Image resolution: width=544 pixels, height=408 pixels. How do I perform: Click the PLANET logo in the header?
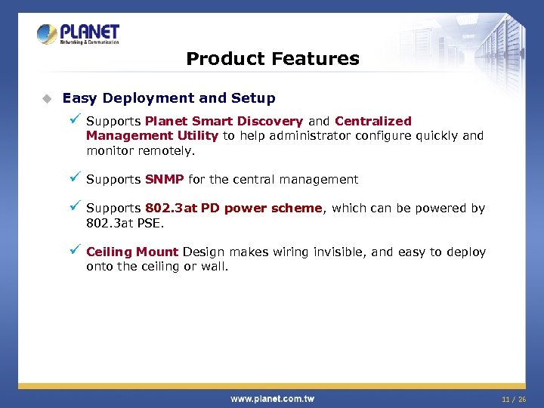click(78, 35)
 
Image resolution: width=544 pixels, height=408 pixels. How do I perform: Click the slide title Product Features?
click(272, 59)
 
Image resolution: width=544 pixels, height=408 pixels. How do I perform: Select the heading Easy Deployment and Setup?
click(168, 98)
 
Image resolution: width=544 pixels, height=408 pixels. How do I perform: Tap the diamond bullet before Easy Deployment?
click(46, 98)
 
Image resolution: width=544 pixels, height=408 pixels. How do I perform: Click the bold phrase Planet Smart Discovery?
click(224, 121)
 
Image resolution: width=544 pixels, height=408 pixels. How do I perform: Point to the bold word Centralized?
click(373, 121)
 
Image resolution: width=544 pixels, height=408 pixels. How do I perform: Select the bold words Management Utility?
click(152, 136)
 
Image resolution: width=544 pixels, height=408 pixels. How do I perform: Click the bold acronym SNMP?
click(165, 180)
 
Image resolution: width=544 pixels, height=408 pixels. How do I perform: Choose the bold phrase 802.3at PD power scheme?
click(233, 209)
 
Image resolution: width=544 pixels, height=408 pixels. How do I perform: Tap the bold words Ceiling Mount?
click(132, 252)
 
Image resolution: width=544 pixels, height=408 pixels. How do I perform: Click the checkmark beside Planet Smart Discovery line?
click(74, 119)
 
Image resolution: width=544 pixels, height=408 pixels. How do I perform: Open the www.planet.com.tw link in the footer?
click(272, 398)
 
